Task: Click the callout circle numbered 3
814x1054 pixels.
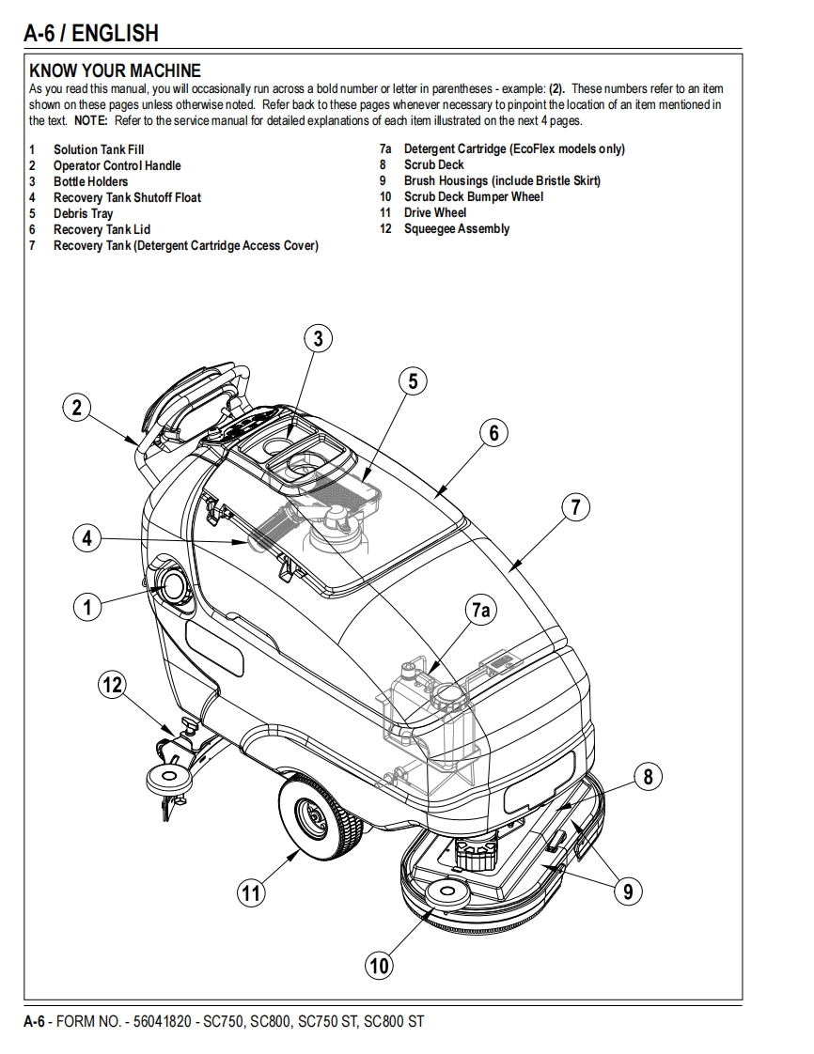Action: point(319,338)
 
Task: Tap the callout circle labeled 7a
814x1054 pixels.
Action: point(480,611)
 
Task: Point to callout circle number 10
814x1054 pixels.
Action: point(379,965)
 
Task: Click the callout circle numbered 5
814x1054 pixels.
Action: point(412,380)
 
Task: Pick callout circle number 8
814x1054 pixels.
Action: point(648,777)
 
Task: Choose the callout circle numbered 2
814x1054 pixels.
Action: point(77,408)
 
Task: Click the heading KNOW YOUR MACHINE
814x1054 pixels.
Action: point(116,70)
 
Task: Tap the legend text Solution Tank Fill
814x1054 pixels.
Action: point(99,149)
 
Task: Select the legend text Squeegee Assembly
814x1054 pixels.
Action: point(457,228)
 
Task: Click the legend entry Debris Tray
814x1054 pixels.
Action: point(83,213)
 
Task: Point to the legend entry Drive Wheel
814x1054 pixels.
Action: point(435,212)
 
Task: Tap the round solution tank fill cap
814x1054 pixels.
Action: point(174,587)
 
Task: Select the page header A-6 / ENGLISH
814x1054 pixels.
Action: point(91,34)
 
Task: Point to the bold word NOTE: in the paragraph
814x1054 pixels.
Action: point(91,121)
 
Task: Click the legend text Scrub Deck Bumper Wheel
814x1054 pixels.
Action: point(474,196)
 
